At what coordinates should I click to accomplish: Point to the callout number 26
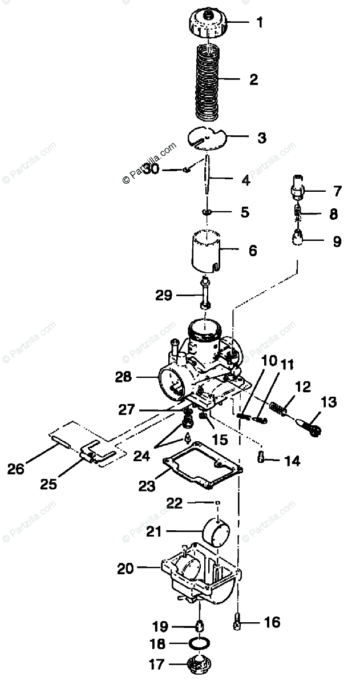(15, 469)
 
